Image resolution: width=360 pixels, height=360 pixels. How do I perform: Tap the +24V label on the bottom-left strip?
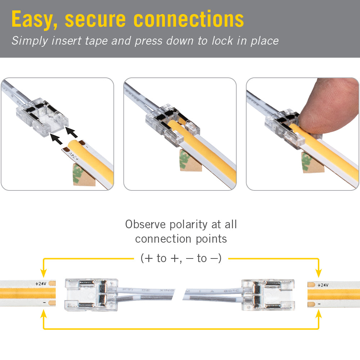[41, 283]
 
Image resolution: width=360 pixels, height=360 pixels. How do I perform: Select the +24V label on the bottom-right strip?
[322, 285]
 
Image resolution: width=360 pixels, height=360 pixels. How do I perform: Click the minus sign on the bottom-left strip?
[44, 303]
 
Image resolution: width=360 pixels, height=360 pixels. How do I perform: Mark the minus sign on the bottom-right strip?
[319, 304]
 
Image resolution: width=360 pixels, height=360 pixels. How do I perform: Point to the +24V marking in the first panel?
[73, 156]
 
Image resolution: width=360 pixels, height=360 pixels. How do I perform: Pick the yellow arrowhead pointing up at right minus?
[319, 314]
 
